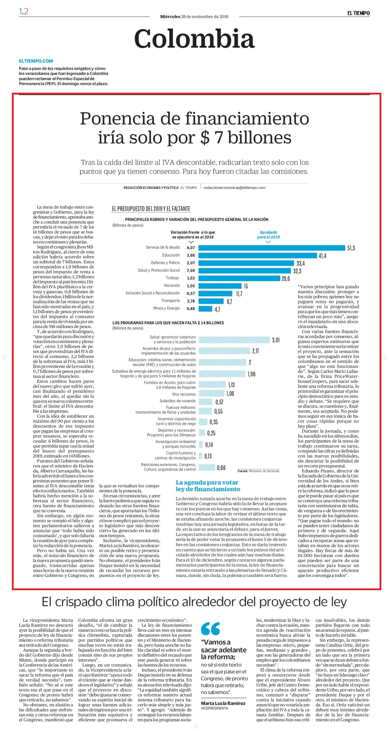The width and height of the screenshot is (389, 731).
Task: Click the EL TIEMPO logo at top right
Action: point(358,13)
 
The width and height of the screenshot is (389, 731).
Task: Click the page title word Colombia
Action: point(194,39)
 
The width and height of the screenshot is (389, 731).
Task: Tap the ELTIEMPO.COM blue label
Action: point(36,61)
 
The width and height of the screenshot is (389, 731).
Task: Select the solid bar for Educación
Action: point(258,256)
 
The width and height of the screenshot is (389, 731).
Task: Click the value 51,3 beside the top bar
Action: point(351,248)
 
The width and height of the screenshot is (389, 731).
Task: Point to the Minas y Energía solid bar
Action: point(205,309)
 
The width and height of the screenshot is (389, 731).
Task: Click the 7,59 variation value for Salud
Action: point(191,271)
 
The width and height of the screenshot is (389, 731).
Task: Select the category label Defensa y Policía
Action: point(165,263)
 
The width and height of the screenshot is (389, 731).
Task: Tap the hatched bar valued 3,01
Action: point(234,340)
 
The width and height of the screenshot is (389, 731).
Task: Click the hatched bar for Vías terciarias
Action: point(212,394)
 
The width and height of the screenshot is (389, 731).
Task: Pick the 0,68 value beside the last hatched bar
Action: point(221,468)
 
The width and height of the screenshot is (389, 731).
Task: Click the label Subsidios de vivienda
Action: point(178,401)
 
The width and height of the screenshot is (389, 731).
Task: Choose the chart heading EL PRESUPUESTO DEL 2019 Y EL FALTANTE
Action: point(151,209)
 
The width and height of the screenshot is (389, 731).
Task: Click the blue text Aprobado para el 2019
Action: point(268,235)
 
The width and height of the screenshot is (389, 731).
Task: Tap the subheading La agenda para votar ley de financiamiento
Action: point(208,486)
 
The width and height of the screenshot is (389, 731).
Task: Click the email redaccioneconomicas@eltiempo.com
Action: point(234,188)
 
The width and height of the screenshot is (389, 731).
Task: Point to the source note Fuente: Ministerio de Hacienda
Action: point(259,471)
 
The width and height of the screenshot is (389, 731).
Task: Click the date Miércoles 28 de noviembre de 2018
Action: point(194,16)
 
